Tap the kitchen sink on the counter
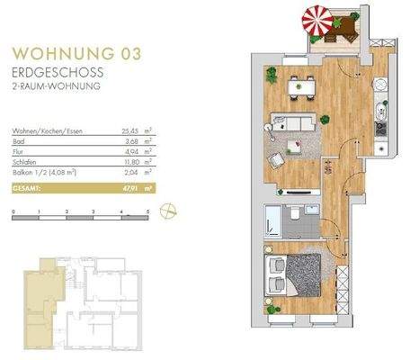[379, 112]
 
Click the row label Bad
[17, 140]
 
